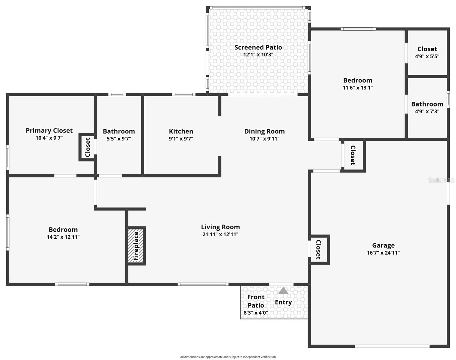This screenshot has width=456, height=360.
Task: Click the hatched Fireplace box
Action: point(136,246)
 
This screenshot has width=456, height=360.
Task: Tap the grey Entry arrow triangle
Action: point(283,291)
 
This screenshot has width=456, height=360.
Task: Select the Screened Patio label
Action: point(258,47)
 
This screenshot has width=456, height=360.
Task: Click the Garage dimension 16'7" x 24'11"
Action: point(383,253)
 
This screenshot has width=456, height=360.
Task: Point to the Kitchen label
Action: point(181,131)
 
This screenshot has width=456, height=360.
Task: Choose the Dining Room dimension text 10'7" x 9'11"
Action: point(264,139)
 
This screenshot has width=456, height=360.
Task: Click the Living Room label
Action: point(220,227)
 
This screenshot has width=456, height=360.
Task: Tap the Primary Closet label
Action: point(49,130)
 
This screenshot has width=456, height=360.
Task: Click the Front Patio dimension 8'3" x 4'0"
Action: point(256,313)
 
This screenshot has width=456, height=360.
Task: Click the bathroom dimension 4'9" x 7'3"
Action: point(427,112)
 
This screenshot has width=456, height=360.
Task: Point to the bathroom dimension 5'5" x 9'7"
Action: point(119,139)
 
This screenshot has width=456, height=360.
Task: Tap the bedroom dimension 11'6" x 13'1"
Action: point(358,88)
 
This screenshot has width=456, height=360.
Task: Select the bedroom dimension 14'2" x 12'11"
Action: point(63,237)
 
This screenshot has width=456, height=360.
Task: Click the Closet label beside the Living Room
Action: point(318,250)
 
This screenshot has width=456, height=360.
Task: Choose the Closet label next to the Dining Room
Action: point(353,155)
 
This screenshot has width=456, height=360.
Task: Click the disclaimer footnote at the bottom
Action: point(228,357)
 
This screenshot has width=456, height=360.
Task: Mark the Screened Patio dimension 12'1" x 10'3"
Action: point(258,55)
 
